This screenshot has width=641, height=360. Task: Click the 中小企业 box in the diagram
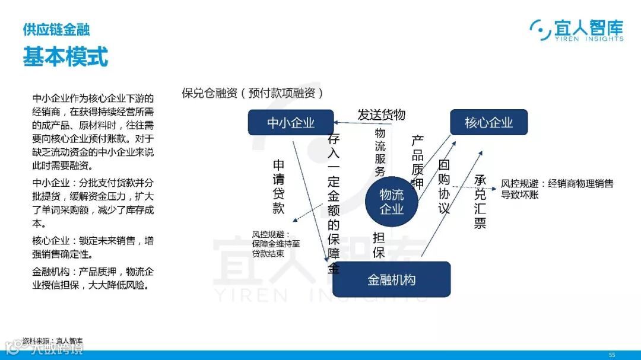tap(290, 123)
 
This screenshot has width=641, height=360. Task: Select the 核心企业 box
tap(488, 122)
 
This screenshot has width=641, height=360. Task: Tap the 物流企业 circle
tap(391, 202)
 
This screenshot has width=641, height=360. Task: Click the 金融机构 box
tap(391, 279)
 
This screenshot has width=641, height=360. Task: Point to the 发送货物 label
tap(381, 114)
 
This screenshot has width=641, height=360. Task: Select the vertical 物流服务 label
tap(380, 152)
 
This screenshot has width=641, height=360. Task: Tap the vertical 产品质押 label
tap(418, 162)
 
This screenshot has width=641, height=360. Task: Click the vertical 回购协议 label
tap(444, 186)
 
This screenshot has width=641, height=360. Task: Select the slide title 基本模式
tap(65, 58)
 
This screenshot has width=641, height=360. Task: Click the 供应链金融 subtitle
tap(56, 29)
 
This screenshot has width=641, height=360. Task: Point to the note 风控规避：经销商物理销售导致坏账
tap(557, 189)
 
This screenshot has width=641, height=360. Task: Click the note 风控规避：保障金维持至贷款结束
tap(276, 243)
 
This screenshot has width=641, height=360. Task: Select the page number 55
tap(612, 354)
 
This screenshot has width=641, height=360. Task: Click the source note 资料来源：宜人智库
tap(53, 340)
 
